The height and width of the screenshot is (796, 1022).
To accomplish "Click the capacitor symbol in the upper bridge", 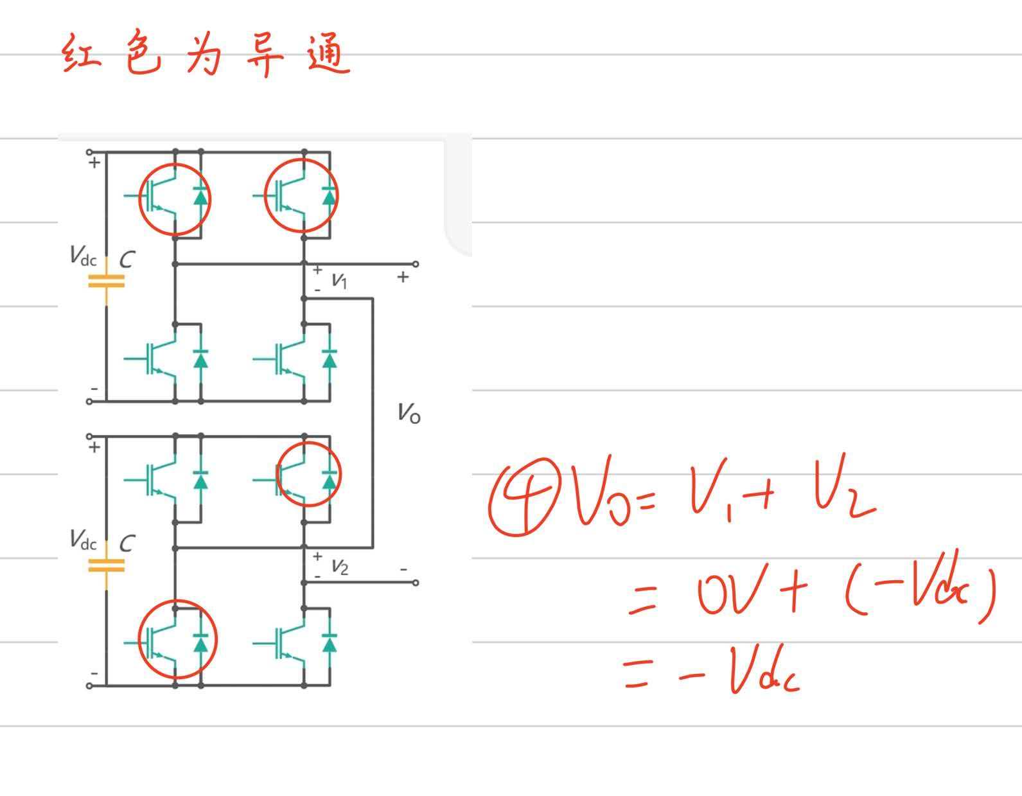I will tap(106, 281).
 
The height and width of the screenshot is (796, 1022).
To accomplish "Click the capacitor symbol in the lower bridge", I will tap(106, 565).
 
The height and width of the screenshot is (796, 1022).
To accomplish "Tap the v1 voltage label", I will tap(339, 280).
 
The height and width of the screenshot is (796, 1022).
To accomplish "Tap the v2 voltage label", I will tap(339, 567).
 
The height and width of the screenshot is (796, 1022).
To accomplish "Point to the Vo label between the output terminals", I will tap(409, 413).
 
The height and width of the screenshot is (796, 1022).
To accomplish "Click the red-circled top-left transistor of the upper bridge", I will tap(174, 197).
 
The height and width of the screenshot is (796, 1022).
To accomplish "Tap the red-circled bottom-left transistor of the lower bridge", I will tap(177, 640).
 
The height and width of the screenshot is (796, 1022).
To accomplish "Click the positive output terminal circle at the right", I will tap(416, 264).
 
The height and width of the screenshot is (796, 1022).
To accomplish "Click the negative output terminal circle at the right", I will tap(416, 583).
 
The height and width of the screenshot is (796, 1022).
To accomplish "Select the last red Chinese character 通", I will tap(328, 55).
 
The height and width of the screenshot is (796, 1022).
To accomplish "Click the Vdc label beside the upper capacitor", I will tap(83, 256).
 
